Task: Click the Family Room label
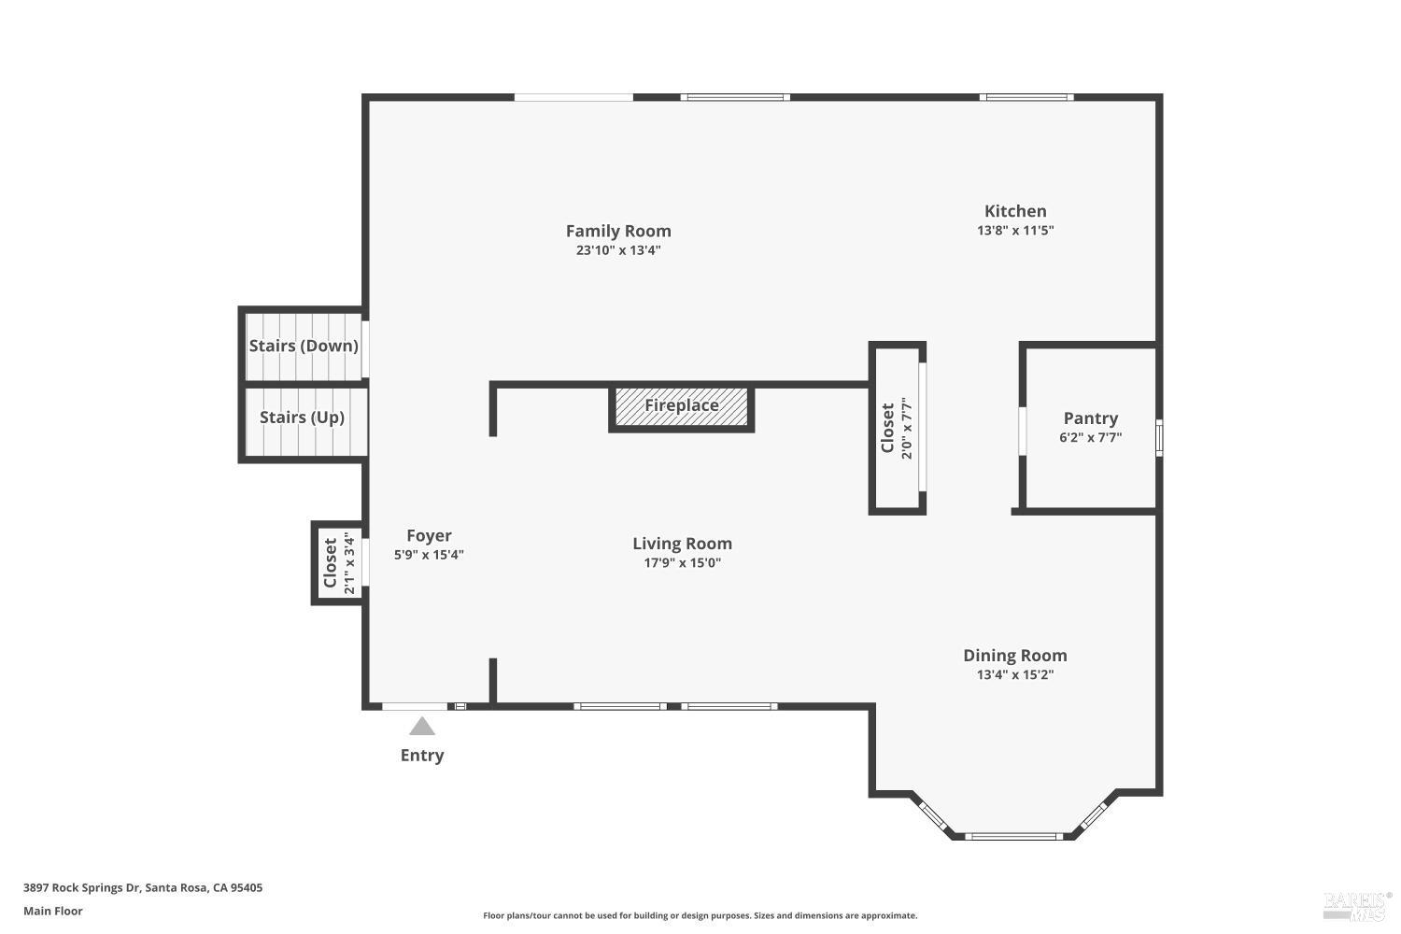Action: (618, 231)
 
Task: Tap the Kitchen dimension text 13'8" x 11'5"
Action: (1015, 231)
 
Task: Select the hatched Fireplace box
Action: (681, 406)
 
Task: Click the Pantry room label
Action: (1090, 418)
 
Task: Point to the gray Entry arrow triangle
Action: (422, 727)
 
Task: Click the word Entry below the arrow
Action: (422, 756)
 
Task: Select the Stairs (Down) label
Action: (304, 346)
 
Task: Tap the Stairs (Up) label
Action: (302, 417)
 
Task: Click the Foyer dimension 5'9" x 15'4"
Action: (429, 555)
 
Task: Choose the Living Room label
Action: (682, 544)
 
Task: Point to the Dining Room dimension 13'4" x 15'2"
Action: (1014, 675)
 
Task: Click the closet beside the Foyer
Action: (337, 563)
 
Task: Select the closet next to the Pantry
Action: (897, 428)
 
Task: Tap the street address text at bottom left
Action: (143, 888)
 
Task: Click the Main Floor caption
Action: (53, 912)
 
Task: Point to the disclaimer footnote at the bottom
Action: (700, 916)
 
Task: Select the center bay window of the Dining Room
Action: (1013, 836)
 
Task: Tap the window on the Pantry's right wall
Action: (1159, 437)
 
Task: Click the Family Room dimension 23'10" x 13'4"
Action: (618, 250)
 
